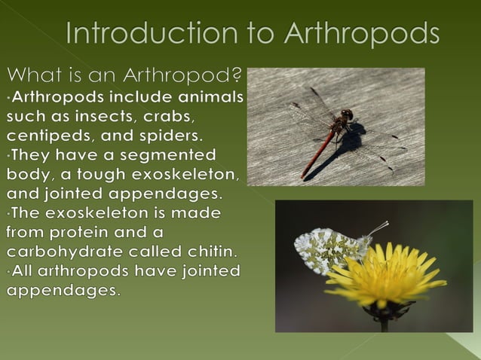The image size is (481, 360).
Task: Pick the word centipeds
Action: (x=51, y=136)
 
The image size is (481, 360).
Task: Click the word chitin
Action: (x=210, y=252)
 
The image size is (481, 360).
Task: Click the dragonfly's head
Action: (x=346, y=115)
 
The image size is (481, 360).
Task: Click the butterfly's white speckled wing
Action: (x=323, y=249)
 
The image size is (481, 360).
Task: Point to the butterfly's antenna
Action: (x=377, y=227)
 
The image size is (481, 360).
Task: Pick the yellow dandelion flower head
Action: (x=384, y=276)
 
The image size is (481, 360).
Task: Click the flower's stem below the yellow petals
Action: (x=384, y=322)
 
